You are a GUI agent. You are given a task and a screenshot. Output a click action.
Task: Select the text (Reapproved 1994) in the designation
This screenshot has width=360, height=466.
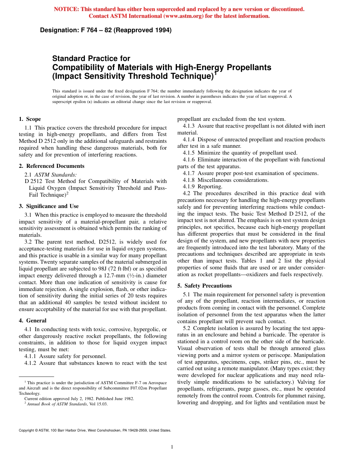tap(149, 30)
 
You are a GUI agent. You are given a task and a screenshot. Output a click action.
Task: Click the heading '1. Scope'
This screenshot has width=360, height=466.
tap(30, 119)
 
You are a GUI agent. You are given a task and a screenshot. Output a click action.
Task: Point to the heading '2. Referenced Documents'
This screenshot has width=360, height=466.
tap(52, 166)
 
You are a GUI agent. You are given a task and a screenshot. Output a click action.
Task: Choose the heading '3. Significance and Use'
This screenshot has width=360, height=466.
tap(49, 206)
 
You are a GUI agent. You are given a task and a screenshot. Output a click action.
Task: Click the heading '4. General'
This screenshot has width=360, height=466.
tap(33, 321)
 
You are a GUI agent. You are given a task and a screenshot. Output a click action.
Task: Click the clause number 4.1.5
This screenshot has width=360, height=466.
tap(189, 153)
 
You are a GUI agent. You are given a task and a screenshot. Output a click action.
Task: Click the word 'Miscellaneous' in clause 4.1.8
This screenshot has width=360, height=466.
tap(214, 180)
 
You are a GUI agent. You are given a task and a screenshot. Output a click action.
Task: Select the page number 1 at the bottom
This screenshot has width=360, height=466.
tap(172, 447)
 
